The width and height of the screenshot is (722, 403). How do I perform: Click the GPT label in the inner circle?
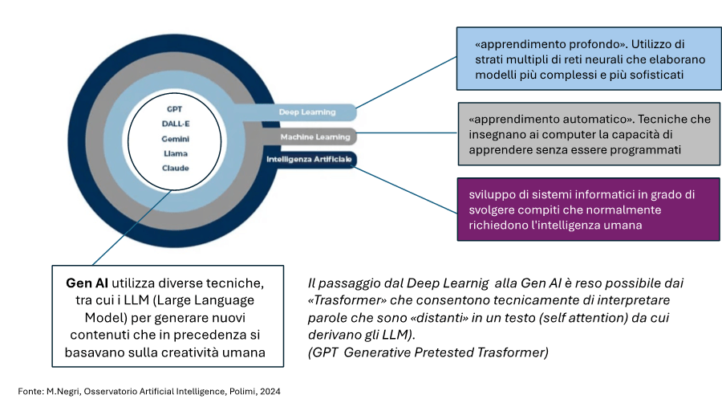tap(175, 108)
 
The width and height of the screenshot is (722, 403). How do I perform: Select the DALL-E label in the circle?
tap(175, 124)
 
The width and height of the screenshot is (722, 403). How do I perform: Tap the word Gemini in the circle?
tap(175, 138)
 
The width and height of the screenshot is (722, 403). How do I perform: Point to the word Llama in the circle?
tap(175, 153)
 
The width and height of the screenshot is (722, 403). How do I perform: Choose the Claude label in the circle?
tap(175, 168)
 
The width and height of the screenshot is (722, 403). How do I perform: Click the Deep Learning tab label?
tap(306, 112)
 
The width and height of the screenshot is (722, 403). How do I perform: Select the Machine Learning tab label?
tap(314, 137)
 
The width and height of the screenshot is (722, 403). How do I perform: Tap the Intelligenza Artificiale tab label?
tap(308, 160)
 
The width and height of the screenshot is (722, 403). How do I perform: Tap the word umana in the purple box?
tap(623, 226)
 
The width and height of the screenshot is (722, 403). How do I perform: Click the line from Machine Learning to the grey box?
tap(405, 134)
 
